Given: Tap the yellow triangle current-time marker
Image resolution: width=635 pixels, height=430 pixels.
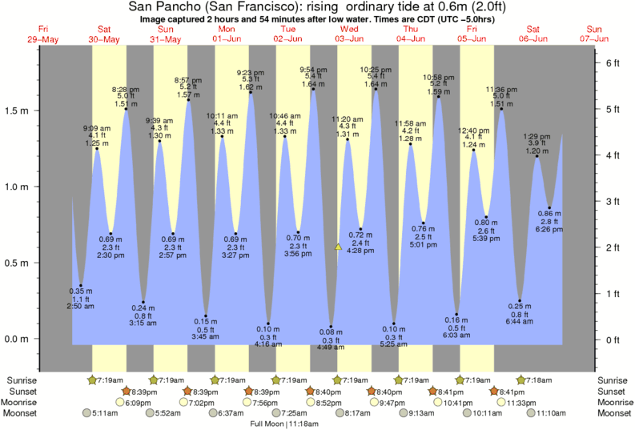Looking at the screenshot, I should coord(339,247).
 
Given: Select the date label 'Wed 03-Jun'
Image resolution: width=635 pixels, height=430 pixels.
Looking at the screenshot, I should coord(350,34).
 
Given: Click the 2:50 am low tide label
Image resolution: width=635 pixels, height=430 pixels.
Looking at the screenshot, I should coord(80,306).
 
